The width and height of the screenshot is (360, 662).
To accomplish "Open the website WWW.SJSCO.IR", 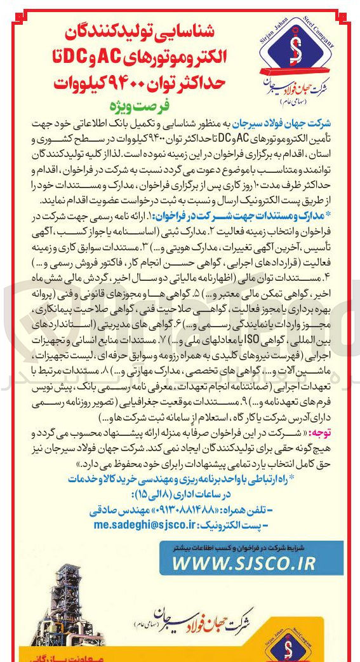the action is pos(243,563).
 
